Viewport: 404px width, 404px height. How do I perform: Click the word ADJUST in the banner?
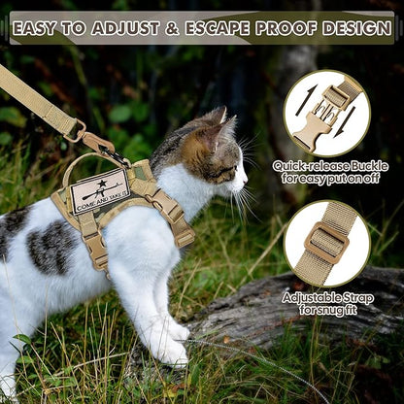tap(123, 28)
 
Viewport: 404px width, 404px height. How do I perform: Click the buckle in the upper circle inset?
tap(326, 112)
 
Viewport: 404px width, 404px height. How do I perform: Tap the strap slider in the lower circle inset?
tap(326, 243)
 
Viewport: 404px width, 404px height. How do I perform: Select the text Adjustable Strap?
tap(327, 296)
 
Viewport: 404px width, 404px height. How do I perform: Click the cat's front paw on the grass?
tap(172, 353)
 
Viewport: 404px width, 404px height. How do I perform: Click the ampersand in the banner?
tap(173, 28)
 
